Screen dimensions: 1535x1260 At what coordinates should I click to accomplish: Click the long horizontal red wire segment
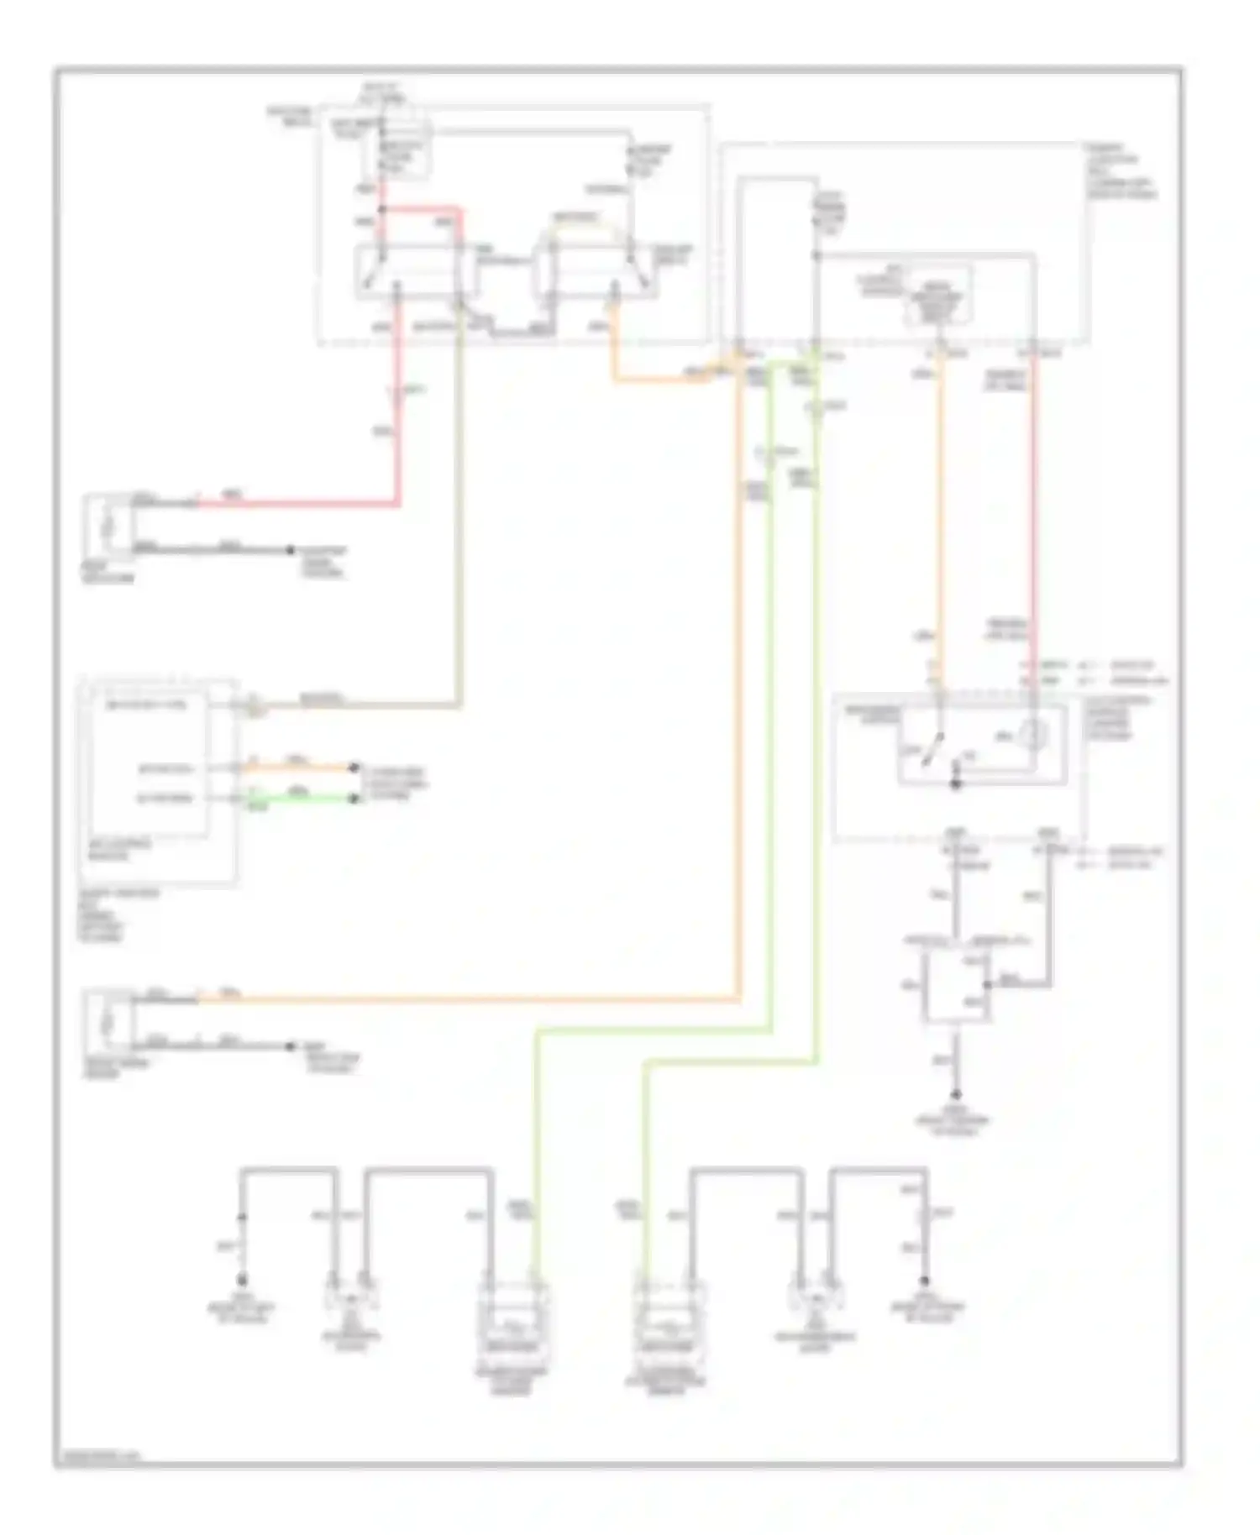point(294,505)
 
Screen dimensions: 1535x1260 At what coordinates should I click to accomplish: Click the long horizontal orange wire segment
point(470,999)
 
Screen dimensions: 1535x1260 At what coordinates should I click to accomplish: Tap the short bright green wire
point(302,799)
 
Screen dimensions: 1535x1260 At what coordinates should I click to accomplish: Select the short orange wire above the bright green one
point(302,767)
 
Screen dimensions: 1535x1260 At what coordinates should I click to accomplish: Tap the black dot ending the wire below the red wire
point(291,550)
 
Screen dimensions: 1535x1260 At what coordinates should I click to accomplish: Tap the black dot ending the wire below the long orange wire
point(291,1046)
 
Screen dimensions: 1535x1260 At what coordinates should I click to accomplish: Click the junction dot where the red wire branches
point(382,207)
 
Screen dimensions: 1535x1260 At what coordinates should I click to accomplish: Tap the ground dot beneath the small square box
point(955,1095)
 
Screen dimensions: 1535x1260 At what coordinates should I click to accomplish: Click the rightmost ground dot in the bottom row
point(926,1281)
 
